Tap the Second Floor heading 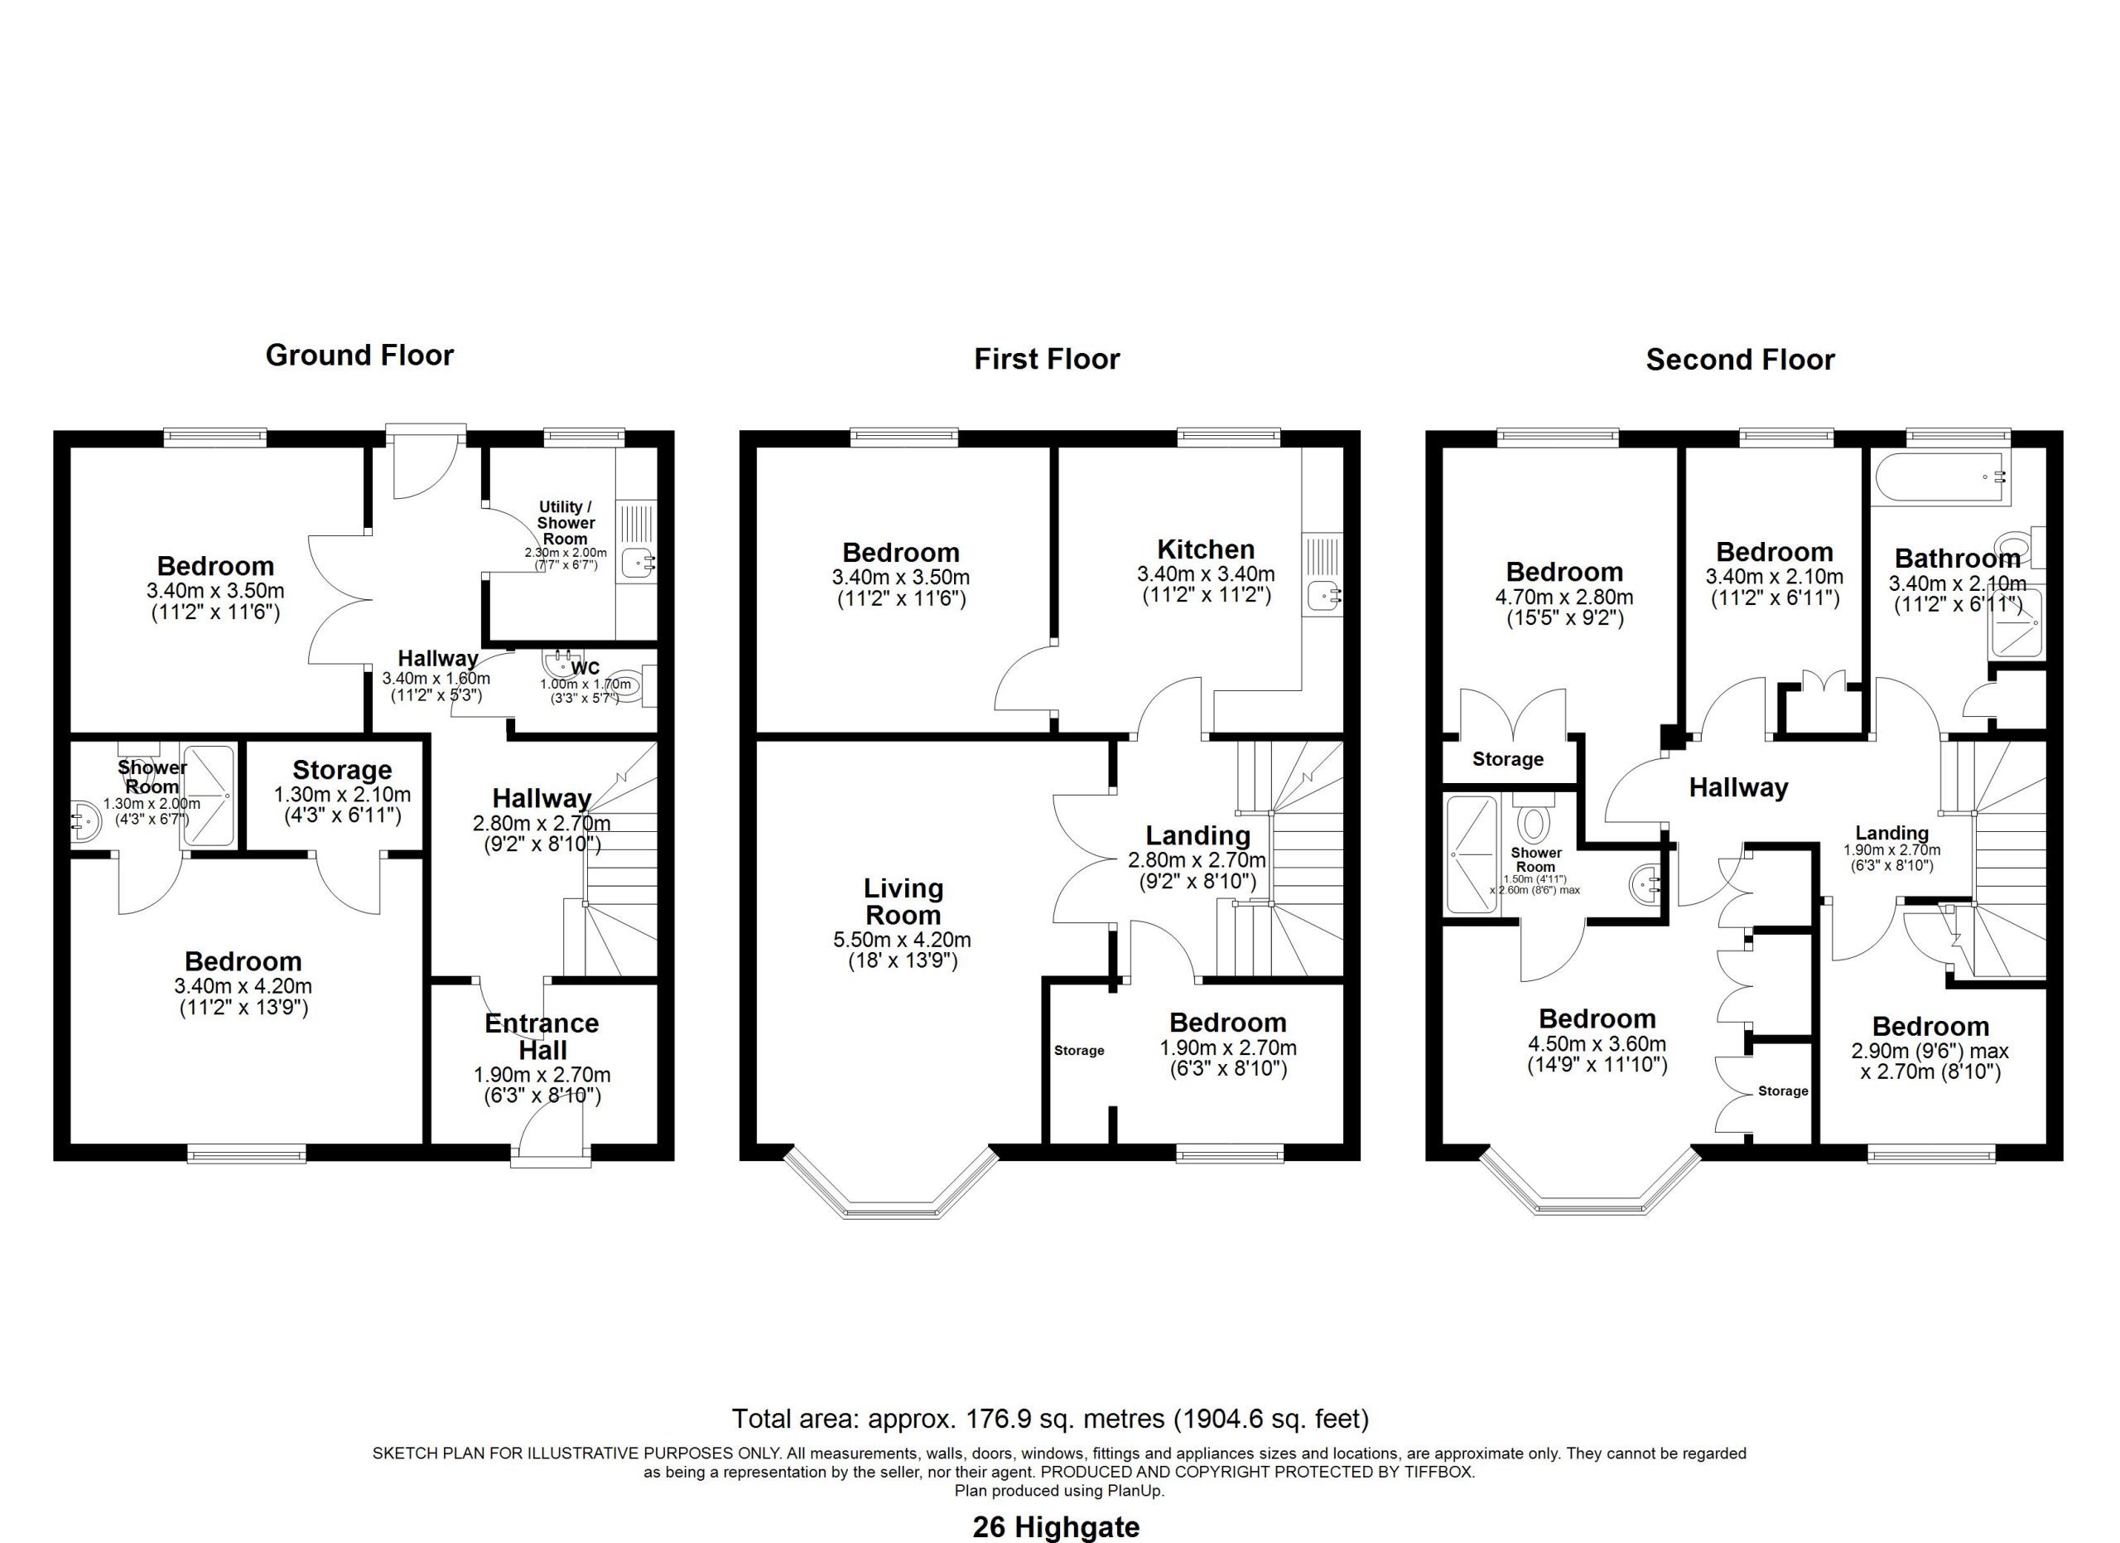point(1740,360)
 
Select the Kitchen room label point(1206,550)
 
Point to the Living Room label point(903,902)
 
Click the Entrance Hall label point(542,1037)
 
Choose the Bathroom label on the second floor point(1958,559)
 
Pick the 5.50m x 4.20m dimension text point(902,940)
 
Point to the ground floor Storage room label point(342,771)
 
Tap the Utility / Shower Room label point(566,523)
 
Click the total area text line point(1050,1420)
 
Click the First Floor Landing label point(1197,836)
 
